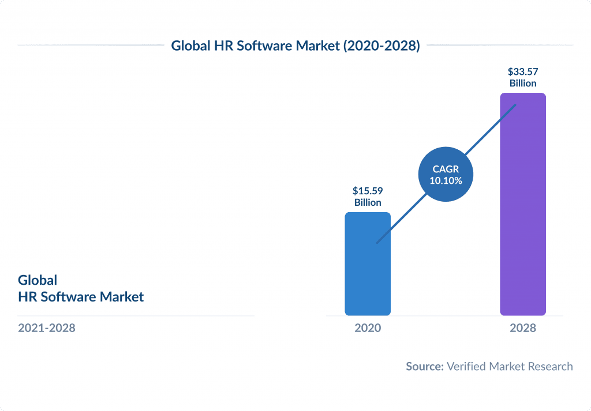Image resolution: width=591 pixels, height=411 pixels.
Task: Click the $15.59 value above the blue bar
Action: click(x=368, y=191)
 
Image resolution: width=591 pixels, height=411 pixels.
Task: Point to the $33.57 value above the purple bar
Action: click(x=522, y=72)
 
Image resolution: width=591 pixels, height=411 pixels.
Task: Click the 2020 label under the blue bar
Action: click(x=368, y=328)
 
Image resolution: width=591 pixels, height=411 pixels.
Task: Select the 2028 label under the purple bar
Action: click(x=522, y=328)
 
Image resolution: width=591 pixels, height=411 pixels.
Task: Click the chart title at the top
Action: click(x=295, y=46)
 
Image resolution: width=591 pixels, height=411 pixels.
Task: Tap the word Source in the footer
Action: click(x=424, y=366)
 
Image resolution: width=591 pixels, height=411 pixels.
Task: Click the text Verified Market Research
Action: click(x=510, y=366)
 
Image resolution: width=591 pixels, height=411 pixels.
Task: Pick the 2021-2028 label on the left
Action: click(x=47, y=328)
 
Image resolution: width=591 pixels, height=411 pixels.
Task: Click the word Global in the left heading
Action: click(x=38, y=280)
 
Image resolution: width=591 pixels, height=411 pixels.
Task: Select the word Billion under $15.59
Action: click(x=368, y=202)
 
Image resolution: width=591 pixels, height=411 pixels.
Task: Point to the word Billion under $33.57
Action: click(x=522, y=84)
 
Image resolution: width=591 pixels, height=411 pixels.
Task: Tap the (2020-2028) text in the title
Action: click(x=381, y=46)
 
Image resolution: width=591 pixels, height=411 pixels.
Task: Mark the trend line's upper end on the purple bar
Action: click(x=515, y=105)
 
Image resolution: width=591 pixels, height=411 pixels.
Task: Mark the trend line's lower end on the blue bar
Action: click(x=377, y=243)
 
